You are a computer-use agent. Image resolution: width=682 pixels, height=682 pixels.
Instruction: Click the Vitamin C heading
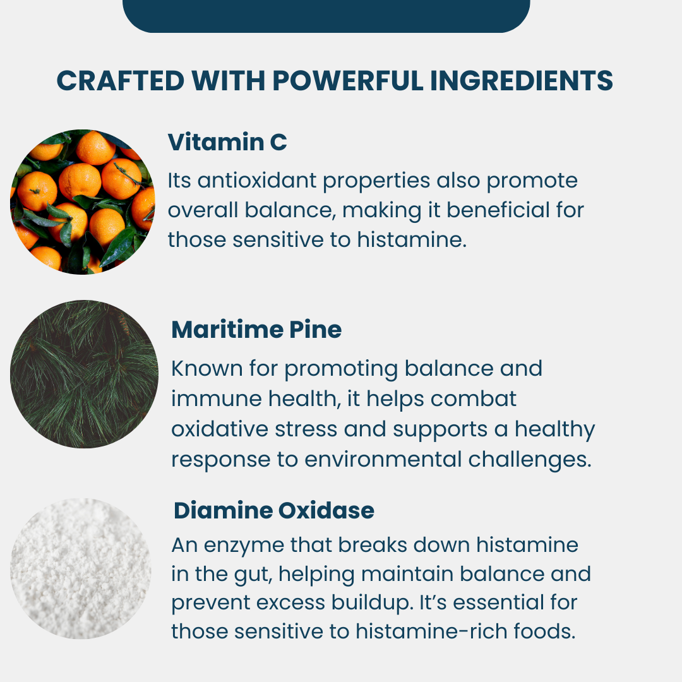coord(227,143)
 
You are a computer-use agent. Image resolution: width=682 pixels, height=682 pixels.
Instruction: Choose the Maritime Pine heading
coord(256,330)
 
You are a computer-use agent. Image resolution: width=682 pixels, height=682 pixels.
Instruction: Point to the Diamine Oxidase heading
coord(274,511)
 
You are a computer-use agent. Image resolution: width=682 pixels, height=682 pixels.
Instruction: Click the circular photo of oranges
coord(82,201)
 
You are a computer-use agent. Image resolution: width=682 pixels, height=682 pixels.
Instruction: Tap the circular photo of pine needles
coord(84,374)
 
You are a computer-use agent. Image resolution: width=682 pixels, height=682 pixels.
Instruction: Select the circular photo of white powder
coord(80,568)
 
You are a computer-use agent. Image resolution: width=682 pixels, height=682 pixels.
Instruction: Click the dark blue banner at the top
coord(326,15)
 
